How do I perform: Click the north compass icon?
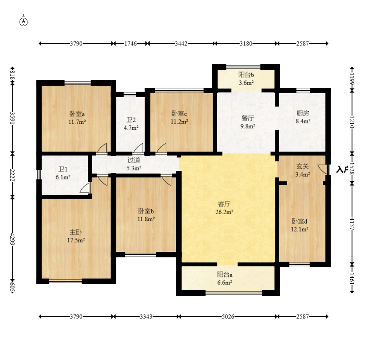(24, 22)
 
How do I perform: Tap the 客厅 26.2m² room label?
(224, 208)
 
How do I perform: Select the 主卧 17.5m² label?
(76, 236)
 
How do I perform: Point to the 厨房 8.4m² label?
(303, 117)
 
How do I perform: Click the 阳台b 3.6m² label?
(246, 79)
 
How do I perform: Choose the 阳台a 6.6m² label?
(225, 278)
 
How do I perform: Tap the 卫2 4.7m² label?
(131, 124)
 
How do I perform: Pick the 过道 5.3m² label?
(134, 164)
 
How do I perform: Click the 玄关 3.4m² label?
(303, 170)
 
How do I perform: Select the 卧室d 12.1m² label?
(300, 225)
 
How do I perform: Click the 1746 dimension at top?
(130, 43)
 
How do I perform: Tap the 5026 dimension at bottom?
(228, 317)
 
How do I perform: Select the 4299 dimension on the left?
(13, 239)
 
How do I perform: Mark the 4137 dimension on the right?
(352, 224)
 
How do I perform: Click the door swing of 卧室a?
(102, 148)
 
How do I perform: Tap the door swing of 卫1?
(85, 188)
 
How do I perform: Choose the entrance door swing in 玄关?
(322, 169)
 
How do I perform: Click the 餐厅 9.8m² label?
(248, 122)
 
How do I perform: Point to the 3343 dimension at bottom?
(146, 317)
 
